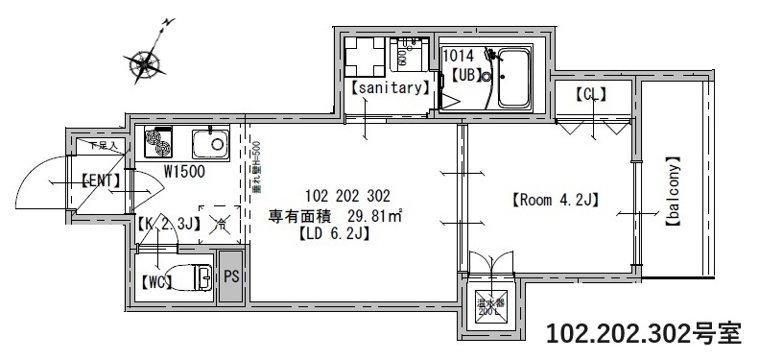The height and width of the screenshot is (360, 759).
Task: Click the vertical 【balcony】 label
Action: [673, 191]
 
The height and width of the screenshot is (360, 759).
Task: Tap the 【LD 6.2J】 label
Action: [334, 232]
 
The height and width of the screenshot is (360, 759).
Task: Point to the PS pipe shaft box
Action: [231, 276]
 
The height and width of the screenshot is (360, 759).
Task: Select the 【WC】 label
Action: [156, 282]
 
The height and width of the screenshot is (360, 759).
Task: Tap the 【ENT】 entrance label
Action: [99, 180]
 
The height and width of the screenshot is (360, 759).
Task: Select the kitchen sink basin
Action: [208, 144]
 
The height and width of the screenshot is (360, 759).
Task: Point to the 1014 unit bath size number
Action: [458, 57]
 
